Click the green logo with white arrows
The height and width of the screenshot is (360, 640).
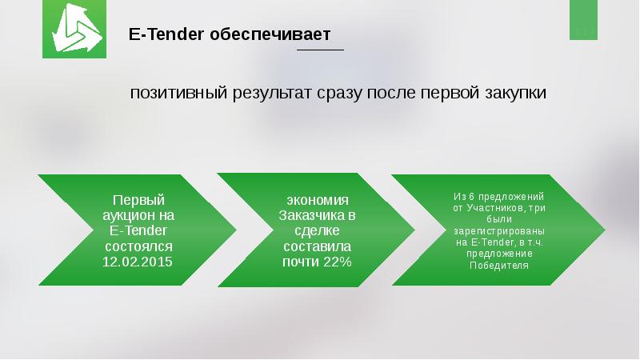(74, 29)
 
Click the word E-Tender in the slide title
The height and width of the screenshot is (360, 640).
(166, 34)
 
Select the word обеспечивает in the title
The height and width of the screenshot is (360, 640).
(270, 34)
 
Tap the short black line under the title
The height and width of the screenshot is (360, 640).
(321, 50)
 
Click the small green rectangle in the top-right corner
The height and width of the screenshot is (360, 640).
(584, 19)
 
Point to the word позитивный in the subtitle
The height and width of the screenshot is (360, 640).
(178, 93)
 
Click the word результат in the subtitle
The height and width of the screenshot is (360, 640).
(273, 94)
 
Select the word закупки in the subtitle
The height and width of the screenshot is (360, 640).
(516, 94)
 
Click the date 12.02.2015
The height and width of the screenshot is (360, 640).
(138, 262)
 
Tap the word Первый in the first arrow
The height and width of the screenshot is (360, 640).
(138, 200)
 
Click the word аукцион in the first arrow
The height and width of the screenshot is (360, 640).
(128, 215)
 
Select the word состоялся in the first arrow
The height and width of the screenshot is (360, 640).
(138, 246)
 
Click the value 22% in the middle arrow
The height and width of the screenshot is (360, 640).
(337, 262)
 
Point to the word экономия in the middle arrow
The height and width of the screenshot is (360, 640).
(318, 201)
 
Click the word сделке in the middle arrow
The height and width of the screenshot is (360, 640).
(317, 230)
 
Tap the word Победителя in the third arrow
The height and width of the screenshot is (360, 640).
(499, 266)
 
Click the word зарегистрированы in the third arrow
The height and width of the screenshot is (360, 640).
(499, 231)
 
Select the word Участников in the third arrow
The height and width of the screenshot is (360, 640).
(495, 208)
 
